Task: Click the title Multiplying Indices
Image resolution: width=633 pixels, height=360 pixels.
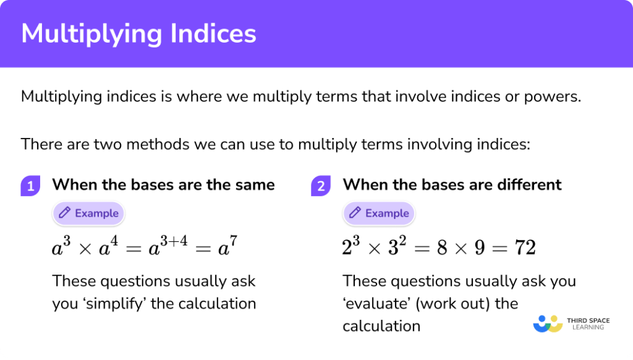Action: click(138, 34)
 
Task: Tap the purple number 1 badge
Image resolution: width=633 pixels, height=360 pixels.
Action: click(30, 185)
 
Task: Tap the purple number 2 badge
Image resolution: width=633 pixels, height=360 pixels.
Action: click(321, 185)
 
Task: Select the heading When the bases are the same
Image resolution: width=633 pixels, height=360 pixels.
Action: click(163, 184)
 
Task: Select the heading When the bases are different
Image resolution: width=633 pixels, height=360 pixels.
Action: click(452, 184)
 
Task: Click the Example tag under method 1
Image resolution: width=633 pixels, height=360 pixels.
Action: click(89, 213)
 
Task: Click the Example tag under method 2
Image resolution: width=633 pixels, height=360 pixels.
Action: click(379, 213)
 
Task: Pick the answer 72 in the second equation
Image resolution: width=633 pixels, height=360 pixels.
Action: click(524, 247)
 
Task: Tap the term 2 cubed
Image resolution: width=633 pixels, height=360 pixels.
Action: click(351, 246)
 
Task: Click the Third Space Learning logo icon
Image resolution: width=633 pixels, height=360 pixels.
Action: click(547, 323)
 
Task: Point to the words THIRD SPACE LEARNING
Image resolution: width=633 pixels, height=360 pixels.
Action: click(588, 324)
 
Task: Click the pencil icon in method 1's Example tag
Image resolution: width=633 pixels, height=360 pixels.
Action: click(64, 213)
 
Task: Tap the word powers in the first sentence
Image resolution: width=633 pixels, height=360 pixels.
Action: click(553, 97)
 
